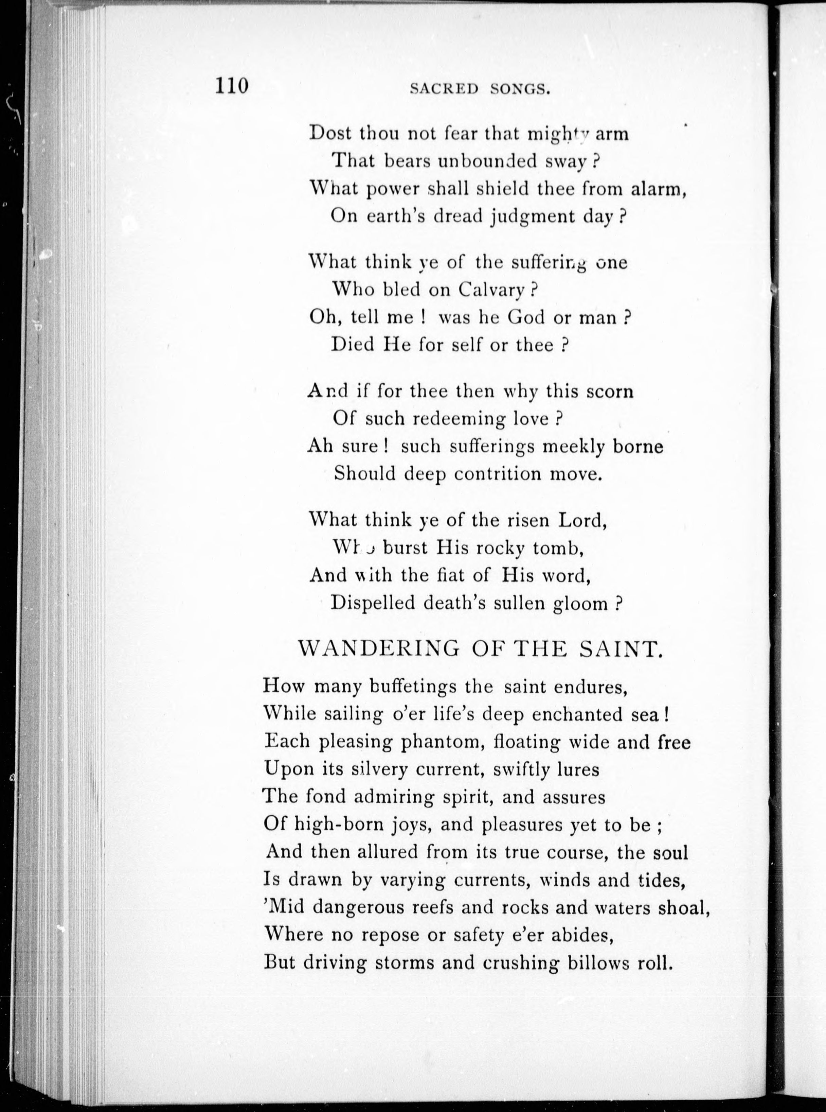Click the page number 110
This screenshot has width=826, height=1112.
(232, 86)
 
